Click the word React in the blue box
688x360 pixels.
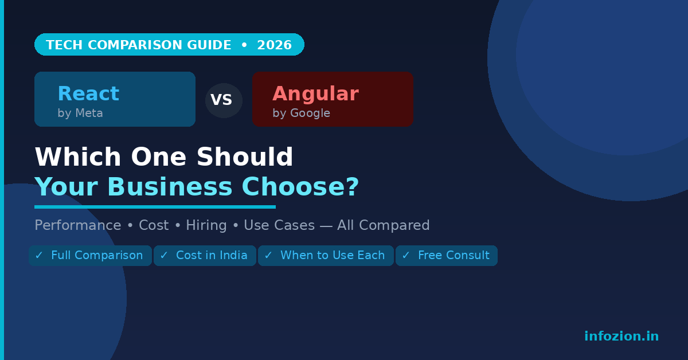point(88,94)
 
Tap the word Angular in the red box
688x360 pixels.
point(315,94)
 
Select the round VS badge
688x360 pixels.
point(224,100)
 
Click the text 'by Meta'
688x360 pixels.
point(80,114)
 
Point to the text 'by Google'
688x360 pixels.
point(301,114)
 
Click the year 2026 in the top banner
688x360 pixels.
point(274,45)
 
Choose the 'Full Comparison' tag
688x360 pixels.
point(90,256)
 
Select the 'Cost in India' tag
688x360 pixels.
point(205,256)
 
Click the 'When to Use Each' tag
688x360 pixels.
point(326,256)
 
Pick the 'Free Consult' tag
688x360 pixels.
point(447,256)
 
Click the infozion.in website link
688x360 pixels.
point(621,336)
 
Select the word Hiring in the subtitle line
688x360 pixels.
point(206,226)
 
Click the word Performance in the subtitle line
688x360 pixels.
point(78,226)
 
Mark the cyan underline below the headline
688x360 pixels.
point(155,207)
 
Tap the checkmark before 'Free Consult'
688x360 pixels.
point(406,256)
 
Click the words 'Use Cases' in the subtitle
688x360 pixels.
point(279,226)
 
